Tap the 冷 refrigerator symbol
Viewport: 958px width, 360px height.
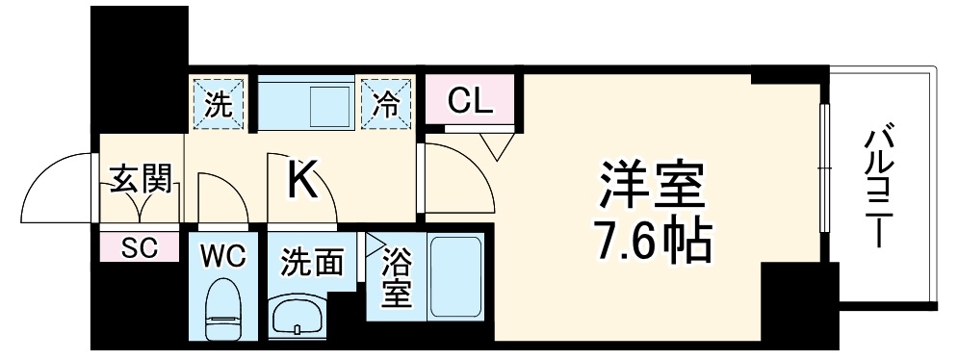coord(386,101)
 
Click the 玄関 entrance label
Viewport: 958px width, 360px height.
coord(142,179)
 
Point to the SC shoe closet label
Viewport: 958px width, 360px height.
coord(141,248)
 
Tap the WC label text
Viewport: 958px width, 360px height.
coord(222,257)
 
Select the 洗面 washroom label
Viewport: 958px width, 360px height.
coord(312,261)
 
